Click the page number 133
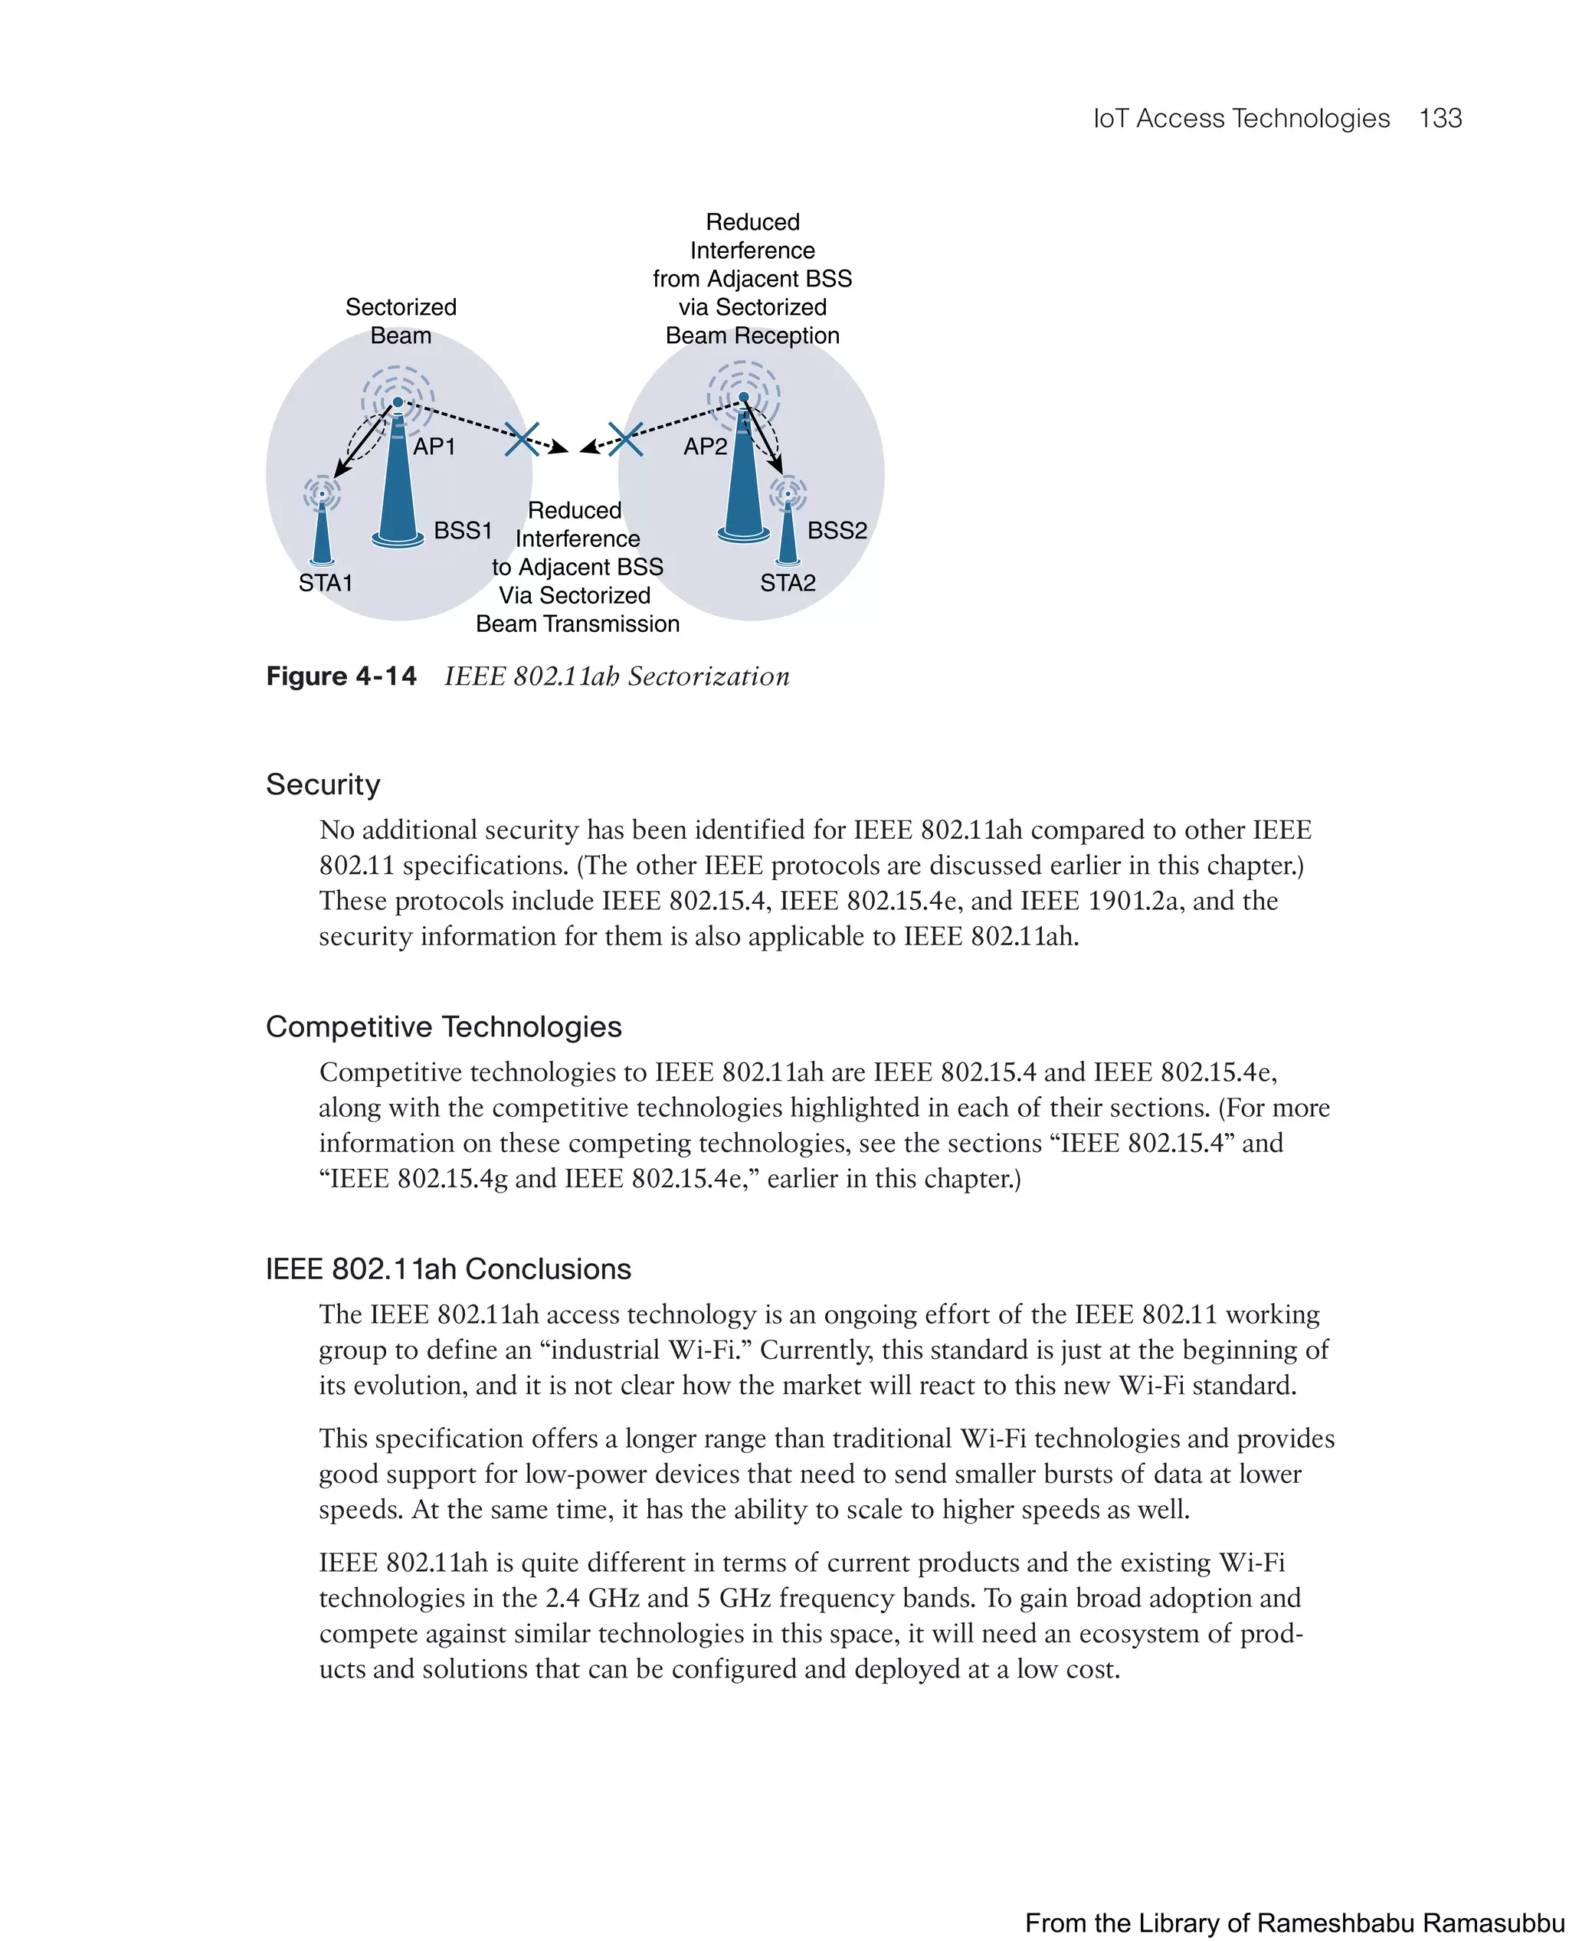click(x=1440, y=119)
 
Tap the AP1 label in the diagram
click(x=434, y=447)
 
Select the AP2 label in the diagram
click(x=705, y=447)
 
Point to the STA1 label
click(x=326, y=583)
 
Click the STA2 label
click(x=788, y=583)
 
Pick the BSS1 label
click(x=463, y=530)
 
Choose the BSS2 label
click(x=837, y=530)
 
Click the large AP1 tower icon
click(x=398, y=488)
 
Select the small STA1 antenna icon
click(x=322, y=529)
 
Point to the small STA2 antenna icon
click(x=788, y=529)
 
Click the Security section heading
click(x=323, y=784)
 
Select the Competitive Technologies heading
click(x=444, y=1026)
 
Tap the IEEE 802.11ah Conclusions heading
click(x=448, y=1268)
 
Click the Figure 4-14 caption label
click(x=341, y=676)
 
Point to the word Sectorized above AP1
click(x=401, y=307)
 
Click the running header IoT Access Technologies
click(x=1241, y=119)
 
